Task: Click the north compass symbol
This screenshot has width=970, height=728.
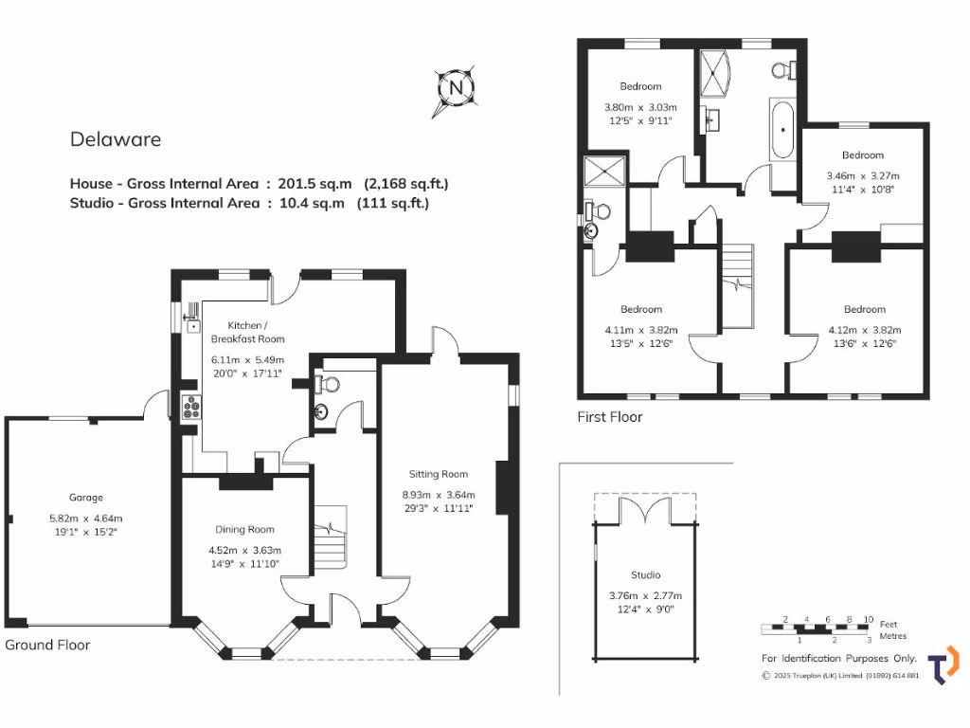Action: coord(457,89)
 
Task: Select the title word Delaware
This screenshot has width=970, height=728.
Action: coord(116,139)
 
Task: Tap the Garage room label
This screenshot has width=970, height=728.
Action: coord(85,498)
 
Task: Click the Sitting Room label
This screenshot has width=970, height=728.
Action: coord(439,474)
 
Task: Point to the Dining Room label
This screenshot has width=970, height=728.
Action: coord(244,530)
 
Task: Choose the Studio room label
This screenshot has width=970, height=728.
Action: coord(645,574)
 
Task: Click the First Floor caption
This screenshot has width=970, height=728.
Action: coord(610,417)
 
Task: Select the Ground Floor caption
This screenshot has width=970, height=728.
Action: coord(47,645)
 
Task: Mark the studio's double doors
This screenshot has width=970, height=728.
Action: coord(645,511)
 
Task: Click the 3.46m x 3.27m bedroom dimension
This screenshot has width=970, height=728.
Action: coord(862,175)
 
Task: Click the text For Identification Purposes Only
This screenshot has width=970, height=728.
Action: coord(839,658)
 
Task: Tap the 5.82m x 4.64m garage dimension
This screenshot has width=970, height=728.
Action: coord(85,518)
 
